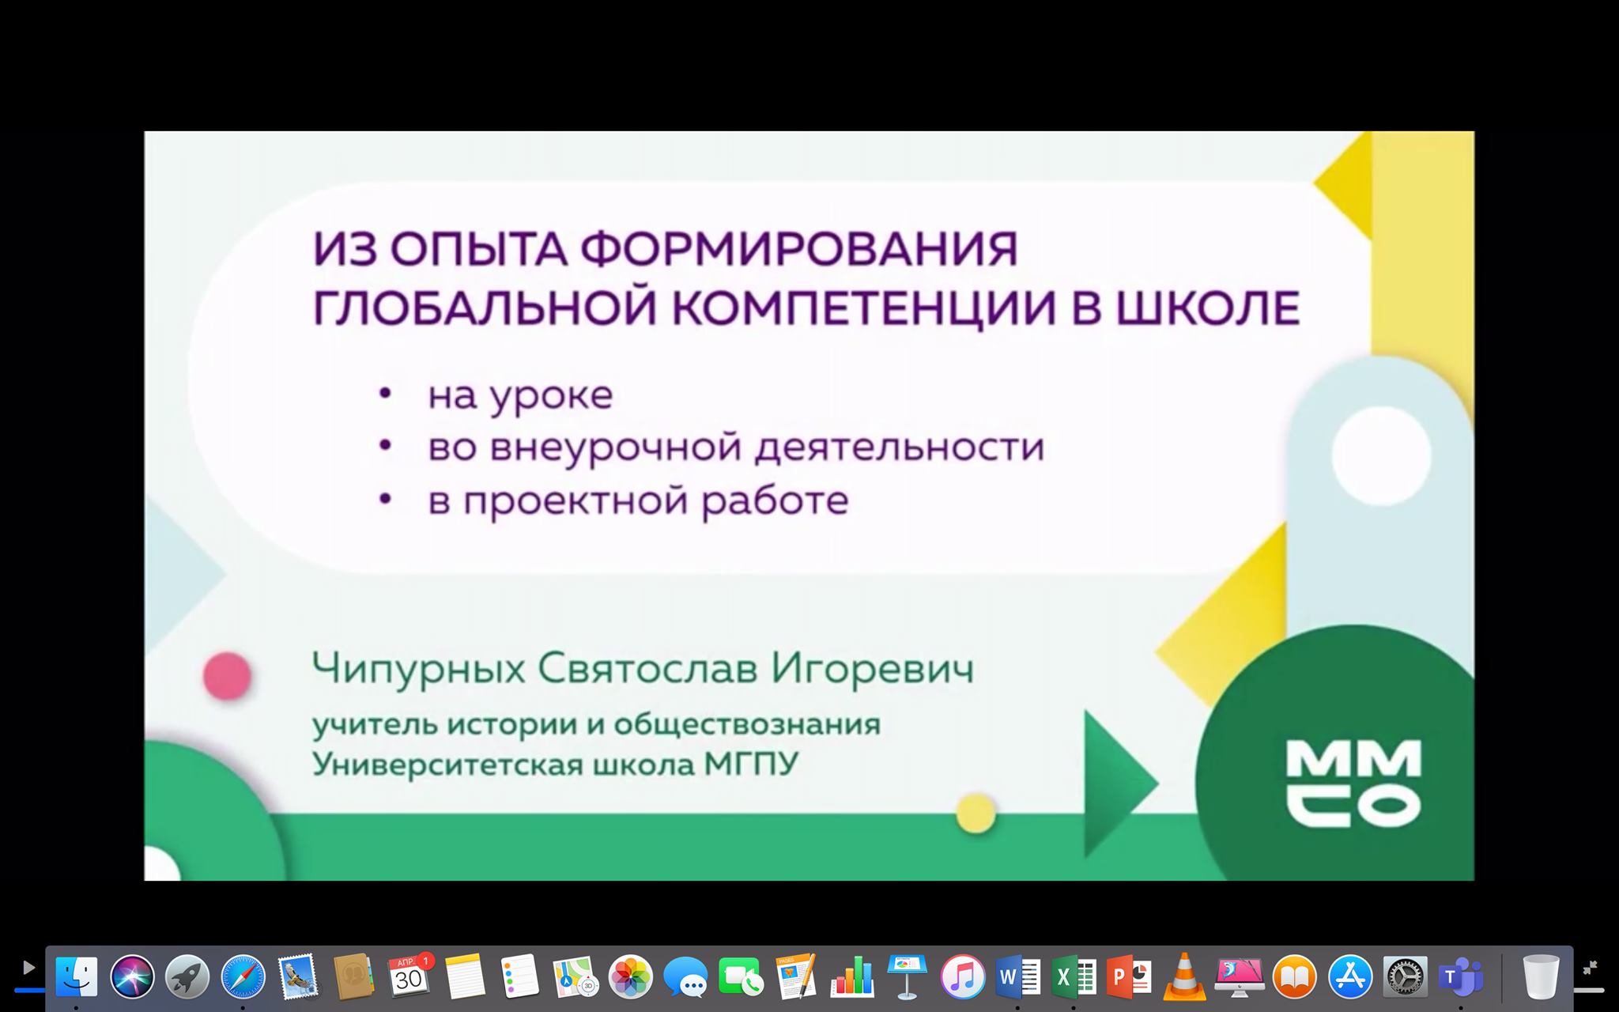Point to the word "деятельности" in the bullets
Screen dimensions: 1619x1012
pos(899,447)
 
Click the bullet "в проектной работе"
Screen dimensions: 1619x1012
pos(638,500)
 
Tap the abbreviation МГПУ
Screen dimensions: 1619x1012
pos(751,765)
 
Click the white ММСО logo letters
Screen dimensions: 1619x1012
pos(1353,784)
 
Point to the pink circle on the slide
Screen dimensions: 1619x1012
pos(228,676)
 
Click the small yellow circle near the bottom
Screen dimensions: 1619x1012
pos(976,813)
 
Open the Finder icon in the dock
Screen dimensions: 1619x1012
pos(77,976)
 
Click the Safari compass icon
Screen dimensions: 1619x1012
pos(243,976)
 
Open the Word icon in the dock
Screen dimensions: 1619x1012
pos(1018,977)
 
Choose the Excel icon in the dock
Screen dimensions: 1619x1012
pos(1074,977)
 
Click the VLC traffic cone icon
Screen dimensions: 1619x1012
pos(1183,977)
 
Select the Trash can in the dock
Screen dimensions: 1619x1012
pos(1541,977)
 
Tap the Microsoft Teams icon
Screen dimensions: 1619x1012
pos(1460,977)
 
